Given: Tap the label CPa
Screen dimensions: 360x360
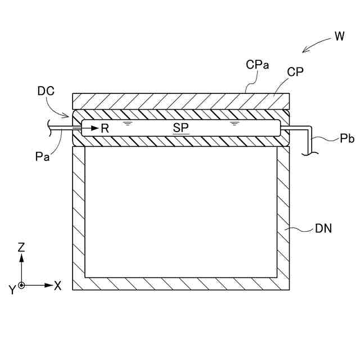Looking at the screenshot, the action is pos(257,65).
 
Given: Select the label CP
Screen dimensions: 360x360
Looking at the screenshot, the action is pos(295,73).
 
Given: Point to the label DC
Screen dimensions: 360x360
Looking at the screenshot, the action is pos(46,90).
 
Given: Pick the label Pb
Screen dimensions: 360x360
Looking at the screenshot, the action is pos(347,138).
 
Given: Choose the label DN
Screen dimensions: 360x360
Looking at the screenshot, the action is pos(323,228).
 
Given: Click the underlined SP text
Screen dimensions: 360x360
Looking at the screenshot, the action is pos(181,128).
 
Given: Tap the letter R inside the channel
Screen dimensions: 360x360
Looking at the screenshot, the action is pos(105,128).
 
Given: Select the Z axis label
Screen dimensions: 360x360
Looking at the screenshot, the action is pos(21,247).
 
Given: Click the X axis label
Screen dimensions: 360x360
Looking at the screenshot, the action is pos(57,286).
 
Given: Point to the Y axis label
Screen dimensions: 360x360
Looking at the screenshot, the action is pos(11,290).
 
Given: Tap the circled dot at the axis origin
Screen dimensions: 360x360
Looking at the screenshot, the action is pos(21,286).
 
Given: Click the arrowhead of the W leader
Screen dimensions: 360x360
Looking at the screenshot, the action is pos(305,51).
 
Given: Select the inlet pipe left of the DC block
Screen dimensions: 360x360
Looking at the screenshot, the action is pos(62,128).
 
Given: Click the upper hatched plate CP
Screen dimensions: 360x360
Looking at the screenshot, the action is pos(180,101).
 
